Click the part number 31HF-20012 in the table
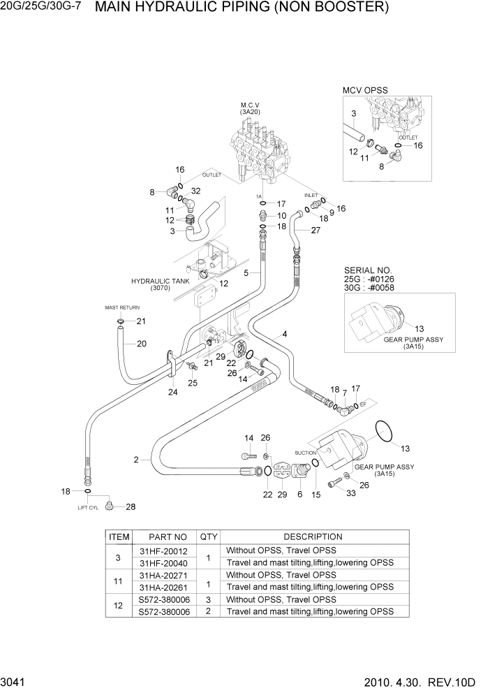click(163, 550)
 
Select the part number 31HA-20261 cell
click(163, 587)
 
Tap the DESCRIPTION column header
click(313, 537)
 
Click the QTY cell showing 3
click(208, 599)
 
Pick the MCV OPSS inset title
click(364, 90)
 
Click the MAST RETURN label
click(122, 307)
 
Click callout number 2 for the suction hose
click(137, 459)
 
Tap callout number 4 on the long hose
click(285, 335)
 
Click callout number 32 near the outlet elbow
click(195, 191)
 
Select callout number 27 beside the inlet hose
click(315, 230)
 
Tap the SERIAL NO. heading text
click(368, 270)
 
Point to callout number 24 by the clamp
click(172, 392)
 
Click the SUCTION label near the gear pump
click(305, 452)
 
